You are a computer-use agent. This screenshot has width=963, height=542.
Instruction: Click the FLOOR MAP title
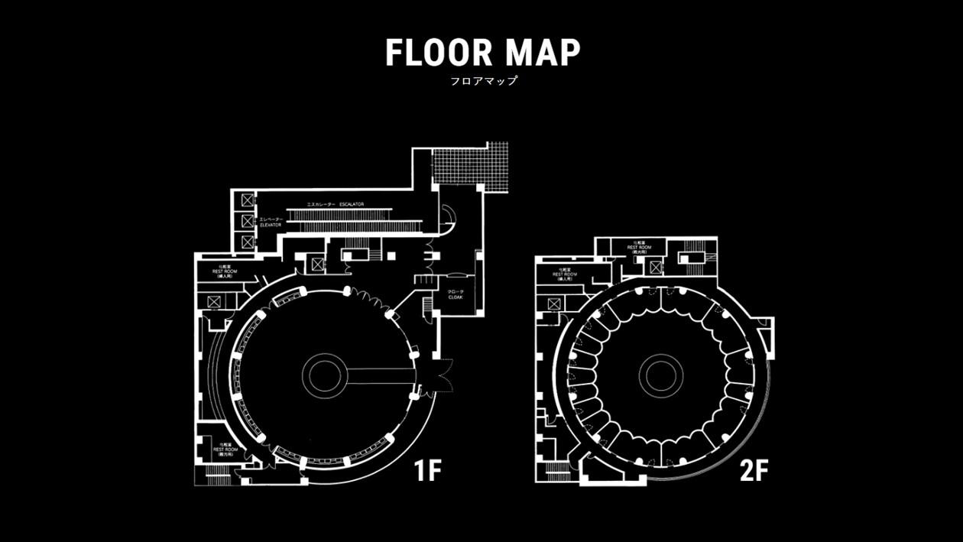point(482,52)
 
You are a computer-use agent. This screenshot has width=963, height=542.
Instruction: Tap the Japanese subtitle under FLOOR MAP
point(482,80)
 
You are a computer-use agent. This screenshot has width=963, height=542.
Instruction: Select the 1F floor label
point(428,471)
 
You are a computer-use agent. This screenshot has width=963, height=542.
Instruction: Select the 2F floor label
point(753,471)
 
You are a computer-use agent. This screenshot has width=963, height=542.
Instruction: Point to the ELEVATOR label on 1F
point(271,222)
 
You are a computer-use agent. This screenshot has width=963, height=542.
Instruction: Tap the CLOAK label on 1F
point(456,294)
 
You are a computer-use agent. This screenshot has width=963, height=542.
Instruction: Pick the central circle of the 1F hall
point(325,375)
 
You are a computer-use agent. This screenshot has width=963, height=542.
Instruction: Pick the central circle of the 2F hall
point(660,375)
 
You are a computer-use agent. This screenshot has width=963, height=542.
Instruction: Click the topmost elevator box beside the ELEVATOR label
point(248,200)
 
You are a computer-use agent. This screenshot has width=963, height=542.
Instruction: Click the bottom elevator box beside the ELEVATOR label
point(248,242)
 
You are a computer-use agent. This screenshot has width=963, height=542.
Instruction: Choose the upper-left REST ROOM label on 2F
point(565,274)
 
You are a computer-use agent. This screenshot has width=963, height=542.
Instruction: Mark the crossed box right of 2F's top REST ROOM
point(655,267)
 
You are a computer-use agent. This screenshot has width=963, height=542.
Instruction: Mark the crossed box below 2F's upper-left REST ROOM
point(553,304)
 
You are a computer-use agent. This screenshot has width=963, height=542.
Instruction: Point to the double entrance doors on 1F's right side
point(441,375)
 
